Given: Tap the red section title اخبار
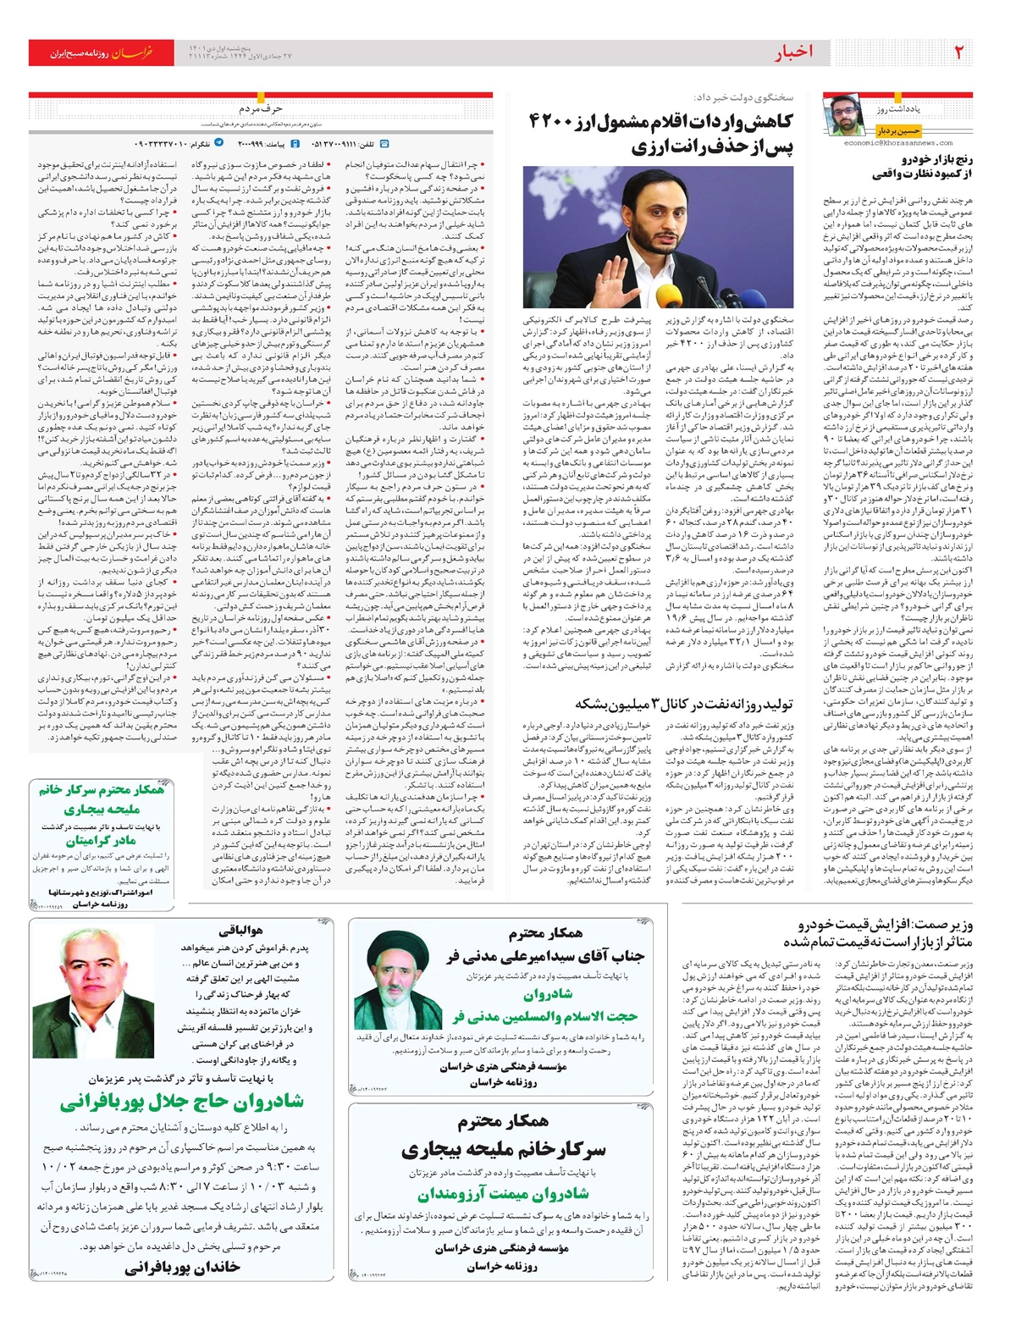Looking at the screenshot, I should (793, 53).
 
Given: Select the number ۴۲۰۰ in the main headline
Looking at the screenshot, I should (553, 120).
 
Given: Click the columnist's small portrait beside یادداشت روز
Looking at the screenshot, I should (843, 116).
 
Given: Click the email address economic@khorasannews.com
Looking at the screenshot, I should (898, 143).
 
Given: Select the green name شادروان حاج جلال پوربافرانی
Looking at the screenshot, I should (181, 1102).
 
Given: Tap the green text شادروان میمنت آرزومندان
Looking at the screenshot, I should (503, 1194).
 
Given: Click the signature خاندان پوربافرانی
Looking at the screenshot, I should (182, 1267).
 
